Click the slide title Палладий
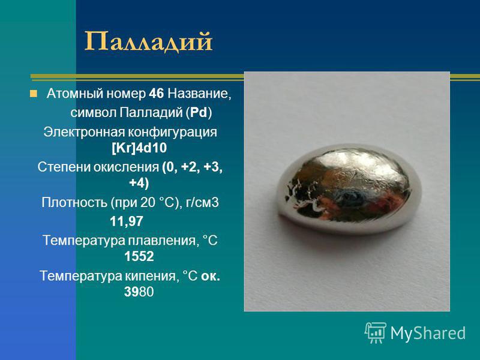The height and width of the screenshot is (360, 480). pos(148,41)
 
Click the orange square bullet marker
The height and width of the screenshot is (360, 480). pos(34,94)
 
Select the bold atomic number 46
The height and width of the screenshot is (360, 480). pos(157,94)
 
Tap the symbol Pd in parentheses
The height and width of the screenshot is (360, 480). pos(199,113)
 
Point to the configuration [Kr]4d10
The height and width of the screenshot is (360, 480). pos(139,148)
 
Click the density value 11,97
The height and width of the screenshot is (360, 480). pos(127,221)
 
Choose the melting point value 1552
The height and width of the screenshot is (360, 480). pos(139,257)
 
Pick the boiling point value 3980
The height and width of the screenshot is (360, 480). pos(139,292)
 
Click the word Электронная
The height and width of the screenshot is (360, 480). pos(83,132)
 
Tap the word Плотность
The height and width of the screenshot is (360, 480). pos(74,202)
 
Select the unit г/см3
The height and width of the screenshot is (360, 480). pos(202,203)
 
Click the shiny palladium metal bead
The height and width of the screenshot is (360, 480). pos(349,189)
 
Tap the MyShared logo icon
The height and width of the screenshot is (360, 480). pos(376,332)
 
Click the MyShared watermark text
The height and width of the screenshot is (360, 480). pos(428,333)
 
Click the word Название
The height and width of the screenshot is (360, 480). pos(199,94)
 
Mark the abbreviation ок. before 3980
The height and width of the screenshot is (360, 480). pos(211,276)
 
